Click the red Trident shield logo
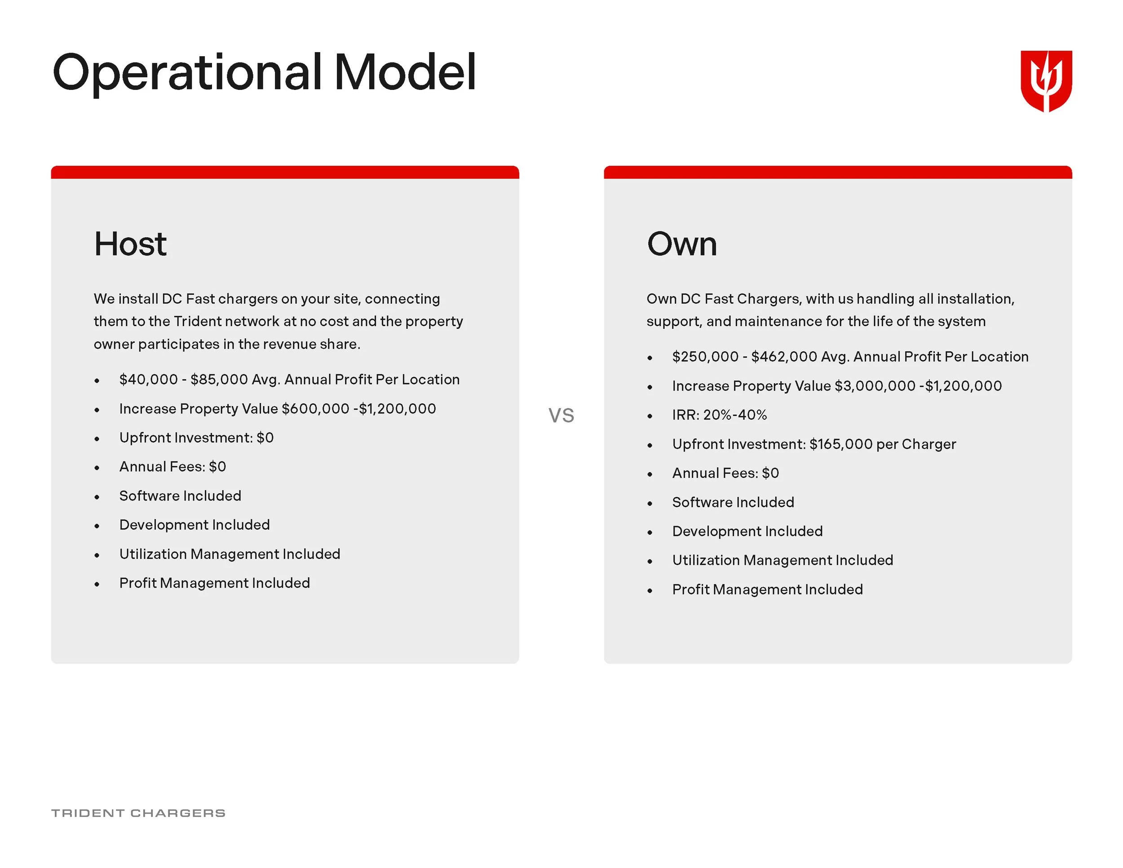point(1046,81)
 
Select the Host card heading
point(130,244)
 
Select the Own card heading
point(682,244)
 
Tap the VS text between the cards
point(561,416)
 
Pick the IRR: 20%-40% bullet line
point(719,415)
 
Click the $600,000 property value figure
point(315,409)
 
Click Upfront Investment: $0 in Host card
point(196,438)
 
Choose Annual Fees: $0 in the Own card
point(725,473)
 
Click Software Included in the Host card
point(180,496)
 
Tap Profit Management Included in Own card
point(767,589)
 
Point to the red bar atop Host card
point(285,172)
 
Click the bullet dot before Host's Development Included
point(97,526)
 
